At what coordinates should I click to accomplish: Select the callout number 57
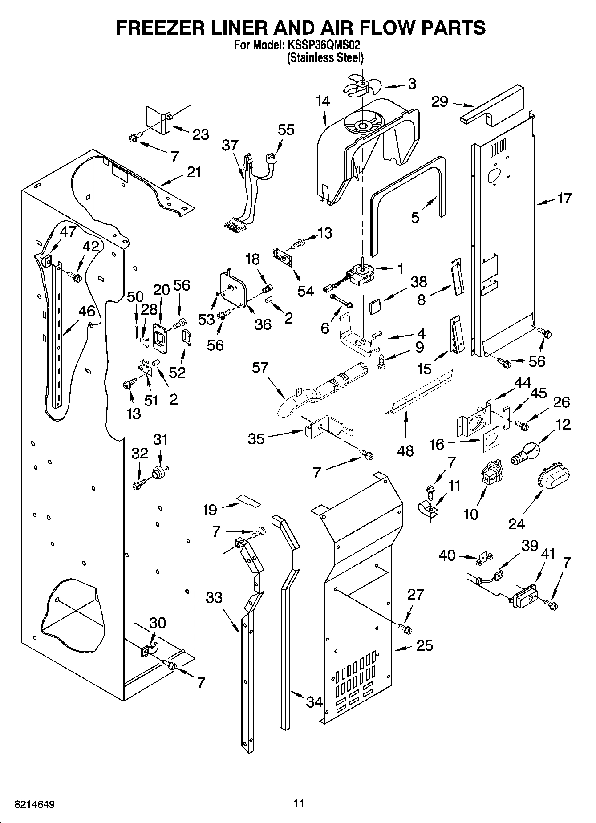(260, 368)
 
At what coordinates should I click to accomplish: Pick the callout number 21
(194, 172)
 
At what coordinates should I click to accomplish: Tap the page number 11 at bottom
(298, 804)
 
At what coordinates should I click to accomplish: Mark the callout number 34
(314, 702)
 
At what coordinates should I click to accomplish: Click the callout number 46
(87, 311)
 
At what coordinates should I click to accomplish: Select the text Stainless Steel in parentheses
(325, 58)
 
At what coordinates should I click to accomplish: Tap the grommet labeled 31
(158, 473)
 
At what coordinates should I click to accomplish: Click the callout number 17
(564, 199)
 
